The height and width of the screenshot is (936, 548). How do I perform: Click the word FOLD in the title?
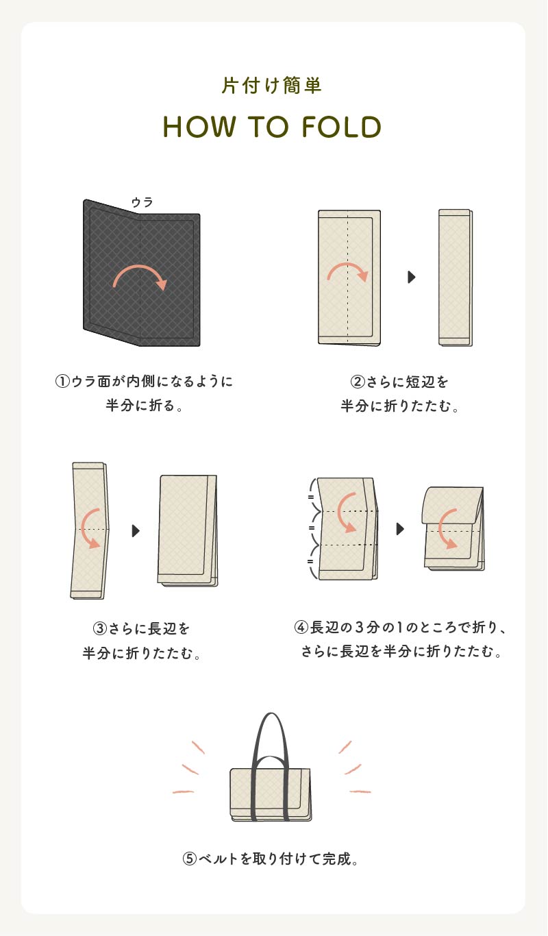coord(341,127)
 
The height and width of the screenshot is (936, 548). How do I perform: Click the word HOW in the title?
coord(199,127)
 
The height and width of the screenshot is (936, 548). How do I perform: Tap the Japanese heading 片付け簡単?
coord(271,85)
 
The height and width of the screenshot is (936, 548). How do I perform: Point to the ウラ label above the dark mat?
coord(142,202)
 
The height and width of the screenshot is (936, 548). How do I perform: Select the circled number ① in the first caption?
coord(62,382)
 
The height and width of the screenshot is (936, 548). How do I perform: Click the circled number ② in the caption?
coord(358,382)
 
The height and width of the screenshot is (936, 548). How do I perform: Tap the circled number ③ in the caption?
coord(100,628)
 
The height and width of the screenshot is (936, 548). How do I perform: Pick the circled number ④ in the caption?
coord(301,627)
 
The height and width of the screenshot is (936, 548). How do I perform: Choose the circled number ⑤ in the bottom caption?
coord(189,859)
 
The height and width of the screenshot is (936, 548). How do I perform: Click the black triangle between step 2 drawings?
coord(412,277)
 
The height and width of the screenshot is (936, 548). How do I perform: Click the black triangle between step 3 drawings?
coord(136,530)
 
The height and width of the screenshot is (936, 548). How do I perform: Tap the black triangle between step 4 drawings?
coord(400,529)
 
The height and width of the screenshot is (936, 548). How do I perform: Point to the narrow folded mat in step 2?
coord(456,278)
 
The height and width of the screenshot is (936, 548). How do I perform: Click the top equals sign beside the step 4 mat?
coord(311,497)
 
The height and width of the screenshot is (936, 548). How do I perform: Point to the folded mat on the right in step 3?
coord(188,530)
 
